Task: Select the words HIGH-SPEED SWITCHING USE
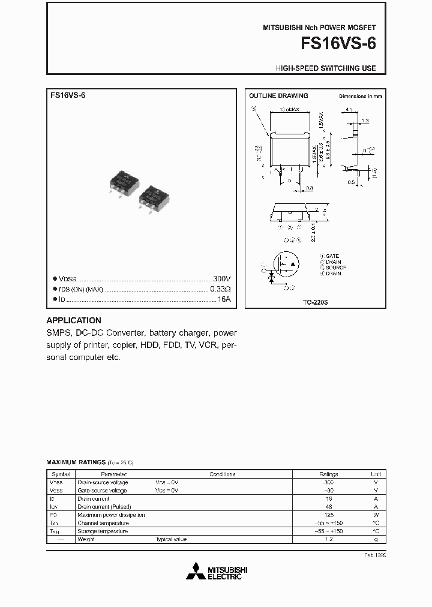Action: point(326,68)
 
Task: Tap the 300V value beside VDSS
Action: point(222,279)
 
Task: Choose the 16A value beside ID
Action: point(224,299)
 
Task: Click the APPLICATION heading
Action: point(74,320)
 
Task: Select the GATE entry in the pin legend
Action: point(332,256)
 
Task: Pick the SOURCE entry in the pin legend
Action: point(335,268)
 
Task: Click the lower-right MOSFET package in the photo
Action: point(154,198)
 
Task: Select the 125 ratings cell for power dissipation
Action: point(328,515)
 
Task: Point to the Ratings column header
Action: point(328,474)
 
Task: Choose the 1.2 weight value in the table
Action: point(328,539)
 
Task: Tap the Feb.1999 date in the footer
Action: point(374,556)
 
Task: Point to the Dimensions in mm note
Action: point(360,96)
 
